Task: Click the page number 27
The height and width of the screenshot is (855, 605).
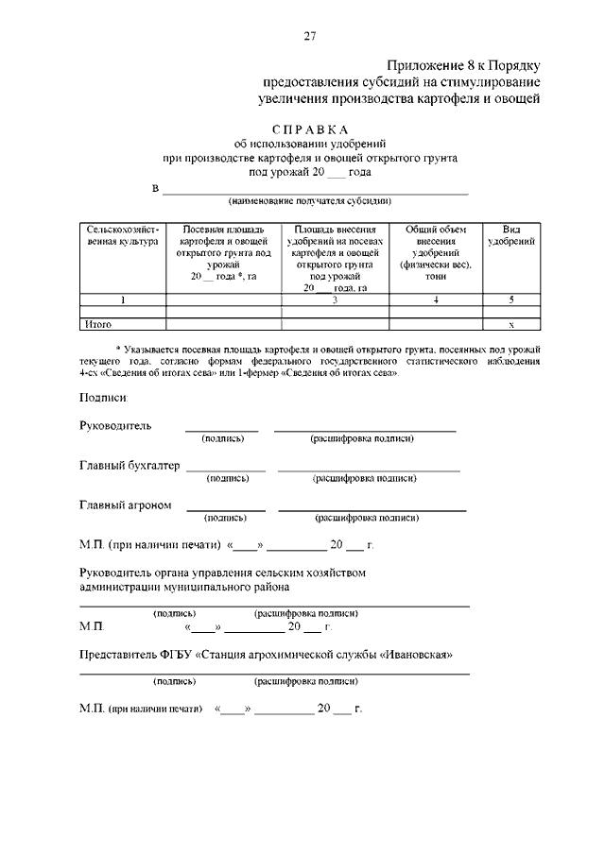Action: (x=309, y=37)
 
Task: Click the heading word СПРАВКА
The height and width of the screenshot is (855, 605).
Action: (x=309, y=129)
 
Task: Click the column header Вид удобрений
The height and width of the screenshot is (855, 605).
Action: (x=510, y=236)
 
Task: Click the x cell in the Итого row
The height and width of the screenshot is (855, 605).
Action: (x=511, y=324)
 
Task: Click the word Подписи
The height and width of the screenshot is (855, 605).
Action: (x=103, y=398)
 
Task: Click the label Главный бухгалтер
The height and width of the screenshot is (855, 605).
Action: (x=130, y=465)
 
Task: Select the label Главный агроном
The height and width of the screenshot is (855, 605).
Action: (x=126, y=504)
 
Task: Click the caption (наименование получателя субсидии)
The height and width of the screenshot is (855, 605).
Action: (x=309, y=201)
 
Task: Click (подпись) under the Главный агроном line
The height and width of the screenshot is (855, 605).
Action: (x=225, y=518)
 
